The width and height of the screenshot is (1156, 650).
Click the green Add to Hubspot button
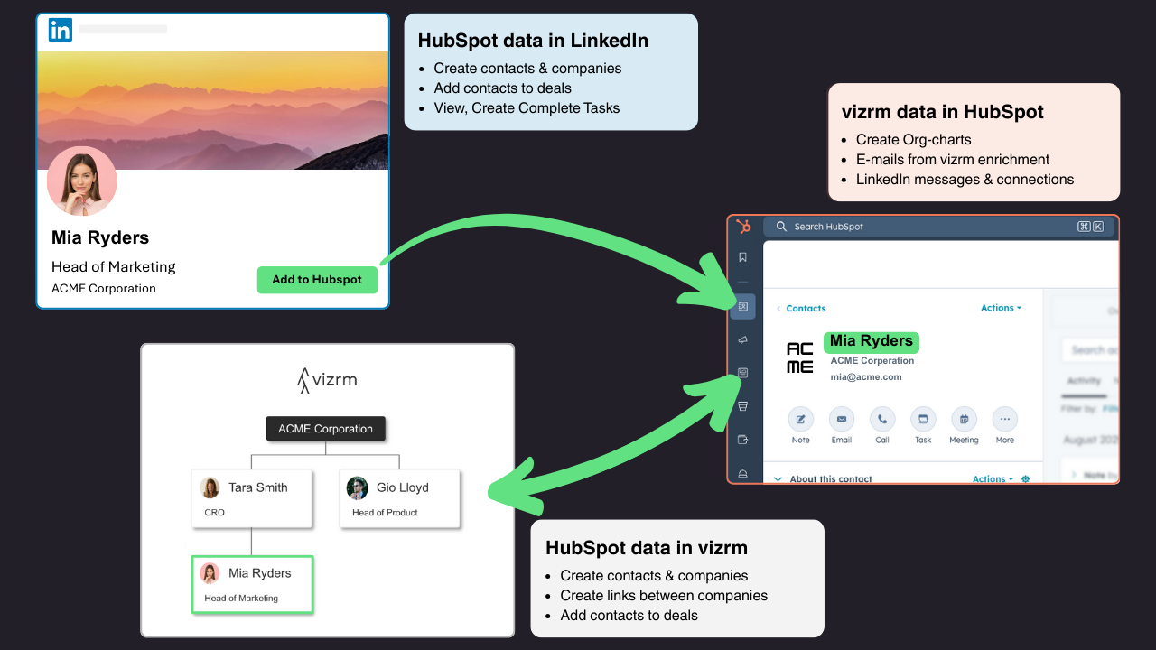click(x=317, y=280)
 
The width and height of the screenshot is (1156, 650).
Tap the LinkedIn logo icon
click(x=61, y=30)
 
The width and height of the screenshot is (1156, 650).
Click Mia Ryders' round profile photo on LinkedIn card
click(x=82, y=181)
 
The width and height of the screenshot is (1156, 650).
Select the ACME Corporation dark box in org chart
click(x=325, y=429)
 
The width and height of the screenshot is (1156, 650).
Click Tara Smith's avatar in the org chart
click(x=210, y=487)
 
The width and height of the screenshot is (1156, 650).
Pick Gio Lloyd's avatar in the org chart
click(x=358, y=487)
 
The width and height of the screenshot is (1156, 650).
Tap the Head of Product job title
click(x=385, y=513)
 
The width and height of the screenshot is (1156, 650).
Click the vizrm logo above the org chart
click(x=327, y=380)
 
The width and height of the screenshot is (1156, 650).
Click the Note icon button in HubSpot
click(x=801, y=420)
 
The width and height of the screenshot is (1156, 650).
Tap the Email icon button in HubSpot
click(x=842, y=420)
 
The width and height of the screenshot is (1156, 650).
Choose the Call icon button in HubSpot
click(x=882, y=420)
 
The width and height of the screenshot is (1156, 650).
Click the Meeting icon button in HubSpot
click(x=964, y=420)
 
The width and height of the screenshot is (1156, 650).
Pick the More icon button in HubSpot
click(x=1005, y=420)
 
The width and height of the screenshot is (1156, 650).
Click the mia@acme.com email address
click(x=866, y=377)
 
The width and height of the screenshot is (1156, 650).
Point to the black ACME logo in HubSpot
click(x=800, y=357)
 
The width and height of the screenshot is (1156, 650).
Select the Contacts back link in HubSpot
click(x=805, y=309)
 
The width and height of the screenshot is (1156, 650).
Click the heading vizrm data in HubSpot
click(x=942, y=112)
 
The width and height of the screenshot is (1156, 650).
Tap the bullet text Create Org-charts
click(x=913, y=140)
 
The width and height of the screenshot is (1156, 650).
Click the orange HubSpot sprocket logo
click(x=743, y=227)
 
